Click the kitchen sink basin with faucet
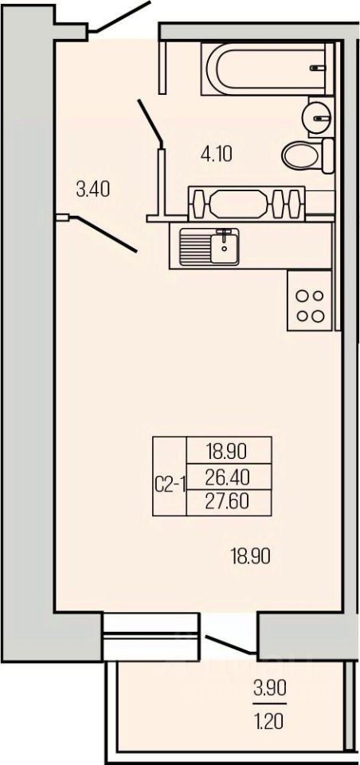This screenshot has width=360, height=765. click(209, 246)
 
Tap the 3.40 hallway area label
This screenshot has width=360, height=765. click(92, 188)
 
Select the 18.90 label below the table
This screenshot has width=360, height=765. click(250, 555)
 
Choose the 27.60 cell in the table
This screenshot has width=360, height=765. click(229, 502)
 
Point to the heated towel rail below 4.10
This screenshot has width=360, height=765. click(246, 202)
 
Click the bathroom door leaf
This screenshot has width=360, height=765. click(151, 121)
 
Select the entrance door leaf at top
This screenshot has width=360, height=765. click(119, 17)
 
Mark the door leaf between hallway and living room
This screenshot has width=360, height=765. click(104, 234)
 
